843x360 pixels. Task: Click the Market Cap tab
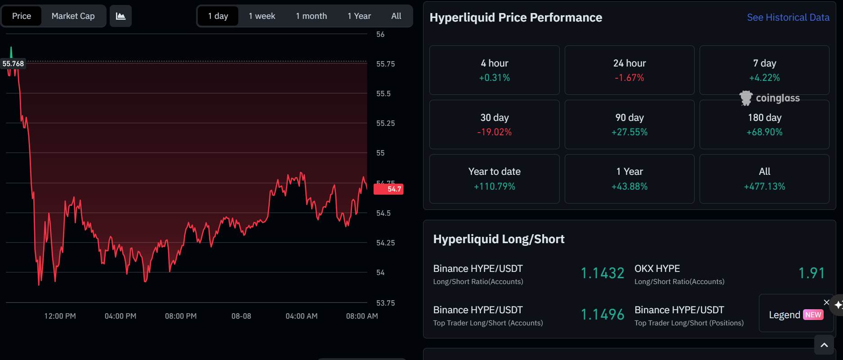73,16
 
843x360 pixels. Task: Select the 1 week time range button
262,16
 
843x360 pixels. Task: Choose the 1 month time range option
311,16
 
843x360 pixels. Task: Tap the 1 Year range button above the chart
359,16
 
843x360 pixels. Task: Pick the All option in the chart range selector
396,16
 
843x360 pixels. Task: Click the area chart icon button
120,16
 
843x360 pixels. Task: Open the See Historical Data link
788,18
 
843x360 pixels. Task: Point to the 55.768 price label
13,64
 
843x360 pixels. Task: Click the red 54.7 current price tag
388,189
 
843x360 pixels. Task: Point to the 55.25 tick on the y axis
385,123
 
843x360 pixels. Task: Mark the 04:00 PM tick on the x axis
120,316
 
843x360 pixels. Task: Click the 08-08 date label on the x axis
241,316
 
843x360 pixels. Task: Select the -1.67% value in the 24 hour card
629,78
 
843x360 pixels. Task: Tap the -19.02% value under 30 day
495,132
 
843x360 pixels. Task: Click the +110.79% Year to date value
495,187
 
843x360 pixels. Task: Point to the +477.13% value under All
764,187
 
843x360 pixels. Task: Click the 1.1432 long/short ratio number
602,273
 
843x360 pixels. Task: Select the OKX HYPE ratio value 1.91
812,273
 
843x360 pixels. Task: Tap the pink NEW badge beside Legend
813,315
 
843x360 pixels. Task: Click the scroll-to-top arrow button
824,345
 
